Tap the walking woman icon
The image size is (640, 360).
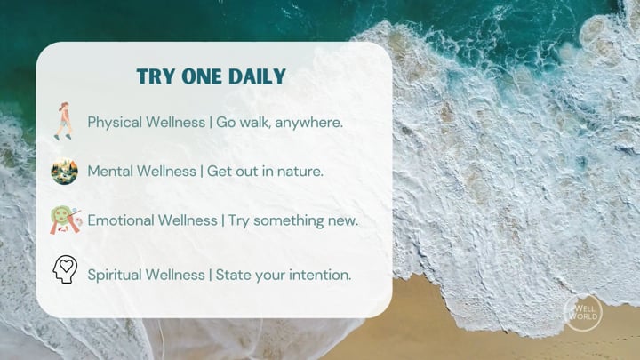[64, 121]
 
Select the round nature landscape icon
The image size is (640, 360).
[65, 171]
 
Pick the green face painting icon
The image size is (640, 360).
[66, 220]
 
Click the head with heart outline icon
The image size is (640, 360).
[65, 269]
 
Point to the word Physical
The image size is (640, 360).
[115, 123]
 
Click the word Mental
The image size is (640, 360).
[111, 171]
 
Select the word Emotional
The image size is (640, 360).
[120, 220]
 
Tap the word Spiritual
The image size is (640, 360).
[115, 275]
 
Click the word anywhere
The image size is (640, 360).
[309, 123]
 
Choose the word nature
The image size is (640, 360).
[300, 172]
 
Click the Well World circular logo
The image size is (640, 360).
[583, 313]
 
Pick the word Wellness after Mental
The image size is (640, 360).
[168, 171]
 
